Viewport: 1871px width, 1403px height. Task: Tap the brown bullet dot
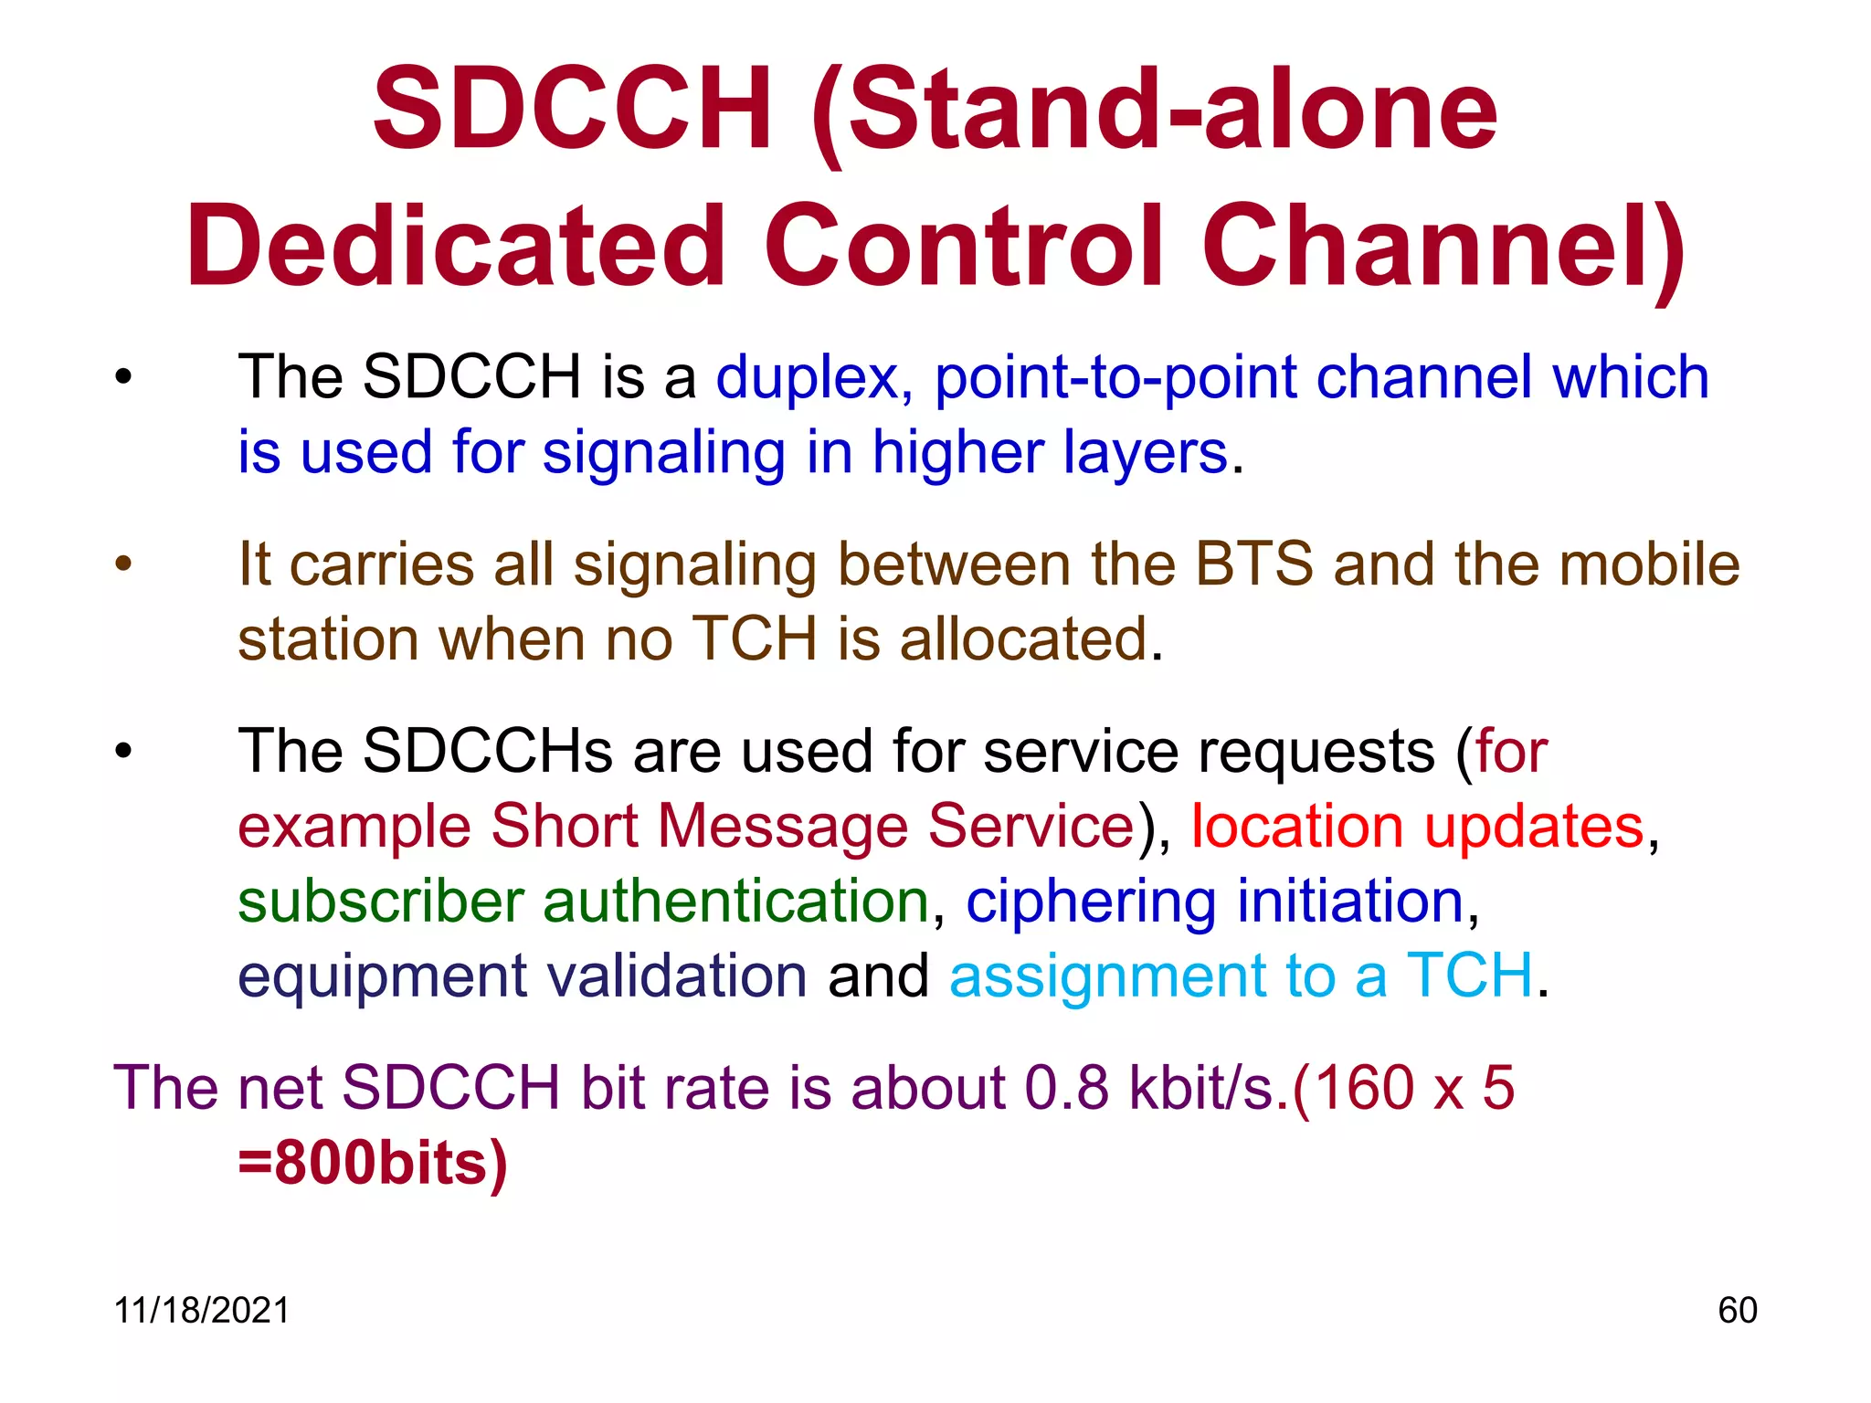click(x=123, y=564)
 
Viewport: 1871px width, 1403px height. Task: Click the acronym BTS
click(x=1254, y=564)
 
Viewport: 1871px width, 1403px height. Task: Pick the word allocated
click(x=1023, y=638)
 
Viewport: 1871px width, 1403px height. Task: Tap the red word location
click(x=1297, y=827)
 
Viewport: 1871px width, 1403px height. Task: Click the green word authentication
click(x=736, y=902)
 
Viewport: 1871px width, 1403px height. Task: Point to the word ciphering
click(x=1091, y=902)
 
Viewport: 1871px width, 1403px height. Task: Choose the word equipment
click(x=382, y=977)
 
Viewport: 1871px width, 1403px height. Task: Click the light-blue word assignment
click(x=1107, y=977)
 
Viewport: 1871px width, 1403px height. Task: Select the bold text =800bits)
click(x=373, y=1164)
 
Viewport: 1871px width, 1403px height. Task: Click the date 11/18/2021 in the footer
click(x=201, y=1311)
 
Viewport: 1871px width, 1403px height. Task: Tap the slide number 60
click(x=1737, y=1311)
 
